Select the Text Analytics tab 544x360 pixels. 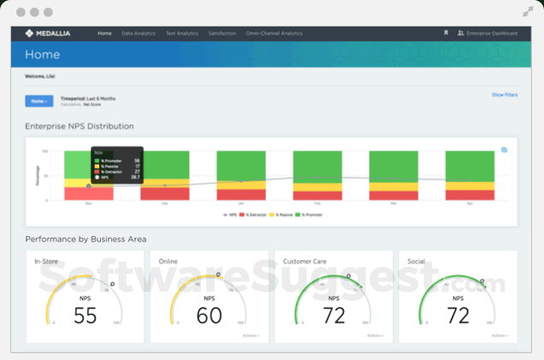(181, 33)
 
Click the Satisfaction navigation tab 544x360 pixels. (222, 33)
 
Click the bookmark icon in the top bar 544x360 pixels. (445, 33)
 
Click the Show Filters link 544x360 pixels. (504, 95)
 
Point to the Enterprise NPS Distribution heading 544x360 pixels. (80, 127)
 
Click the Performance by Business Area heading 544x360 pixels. (86, 239)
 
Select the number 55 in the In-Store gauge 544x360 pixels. (85, 316)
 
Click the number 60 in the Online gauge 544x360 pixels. (210, 316)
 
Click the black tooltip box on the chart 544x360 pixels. (116, 165)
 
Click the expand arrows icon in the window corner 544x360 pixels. (528, 12)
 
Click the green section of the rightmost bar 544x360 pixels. (470, 165)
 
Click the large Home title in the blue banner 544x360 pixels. (43, 54)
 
